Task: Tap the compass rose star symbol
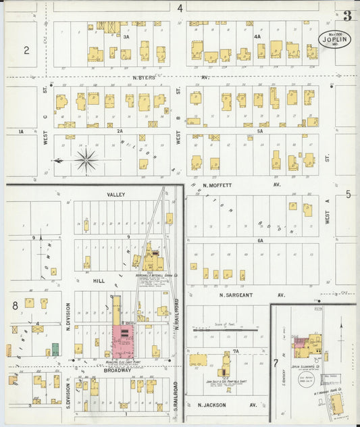(x=86, y=161)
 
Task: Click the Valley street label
(x=116, y=195)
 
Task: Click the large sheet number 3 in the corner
(x=346, y=16)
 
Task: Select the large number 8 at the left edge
(x=14, y=305)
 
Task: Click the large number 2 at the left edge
(x=26, y=50)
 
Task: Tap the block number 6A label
(x=259, y=240)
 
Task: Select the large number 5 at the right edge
(x=349, y=195)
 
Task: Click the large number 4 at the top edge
(x=180, y=8)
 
